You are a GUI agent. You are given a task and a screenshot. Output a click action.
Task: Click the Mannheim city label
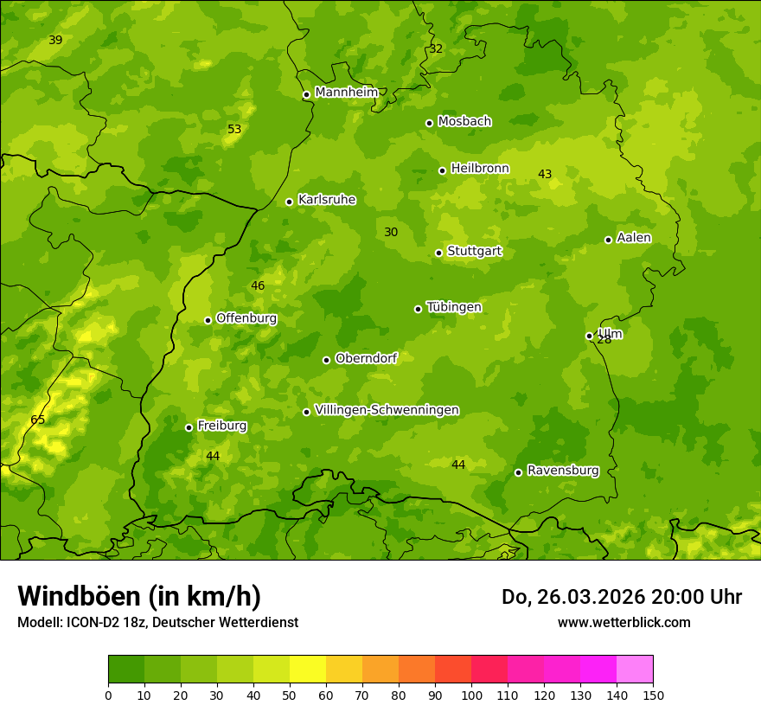346,93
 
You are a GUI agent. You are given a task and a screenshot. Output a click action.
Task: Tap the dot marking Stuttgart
438,253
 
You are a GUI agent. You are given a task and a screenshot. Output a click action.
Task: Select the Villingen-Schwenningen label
387,410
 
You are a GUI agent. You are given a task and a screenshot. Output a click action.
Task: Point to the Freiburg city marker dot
189,427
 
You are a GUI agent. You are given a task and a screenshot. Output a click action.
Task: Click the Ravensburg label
563,471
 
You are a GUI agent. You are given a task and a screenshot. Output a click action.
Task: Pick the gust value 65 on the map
38,420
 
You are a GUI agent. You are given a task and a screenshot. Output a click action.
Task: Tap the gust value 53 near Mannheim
234,130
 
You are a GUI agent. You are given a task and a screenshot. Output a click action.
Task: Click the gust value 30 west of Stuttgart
391,233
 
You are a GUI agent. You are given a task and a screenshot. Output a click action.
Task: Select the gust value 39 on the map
55,41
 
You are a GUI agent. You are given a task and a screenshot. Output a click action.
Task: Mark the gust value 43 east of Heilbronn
545,175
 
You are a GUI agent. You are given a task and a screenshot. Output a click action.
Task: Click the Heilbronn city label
480,169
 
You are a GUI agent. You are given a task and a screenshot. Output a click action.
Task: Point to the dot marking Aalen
608,240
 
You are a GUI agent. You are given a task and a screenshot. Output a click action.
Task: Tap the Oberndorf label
366,358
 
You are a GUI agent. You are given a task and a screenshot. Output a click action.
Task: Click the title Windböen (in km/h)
139,596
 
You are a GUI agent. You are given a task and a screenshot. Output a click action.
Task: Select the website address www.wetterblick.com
624,623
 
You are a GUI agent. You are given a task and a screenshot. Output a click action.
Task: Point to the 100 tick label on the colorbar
471,695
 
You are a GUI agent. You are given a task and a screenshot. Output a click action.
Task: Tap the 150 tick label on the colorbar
653,695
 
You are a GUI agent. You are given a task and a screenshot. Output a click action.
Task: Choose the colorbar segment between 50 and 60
308,670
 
